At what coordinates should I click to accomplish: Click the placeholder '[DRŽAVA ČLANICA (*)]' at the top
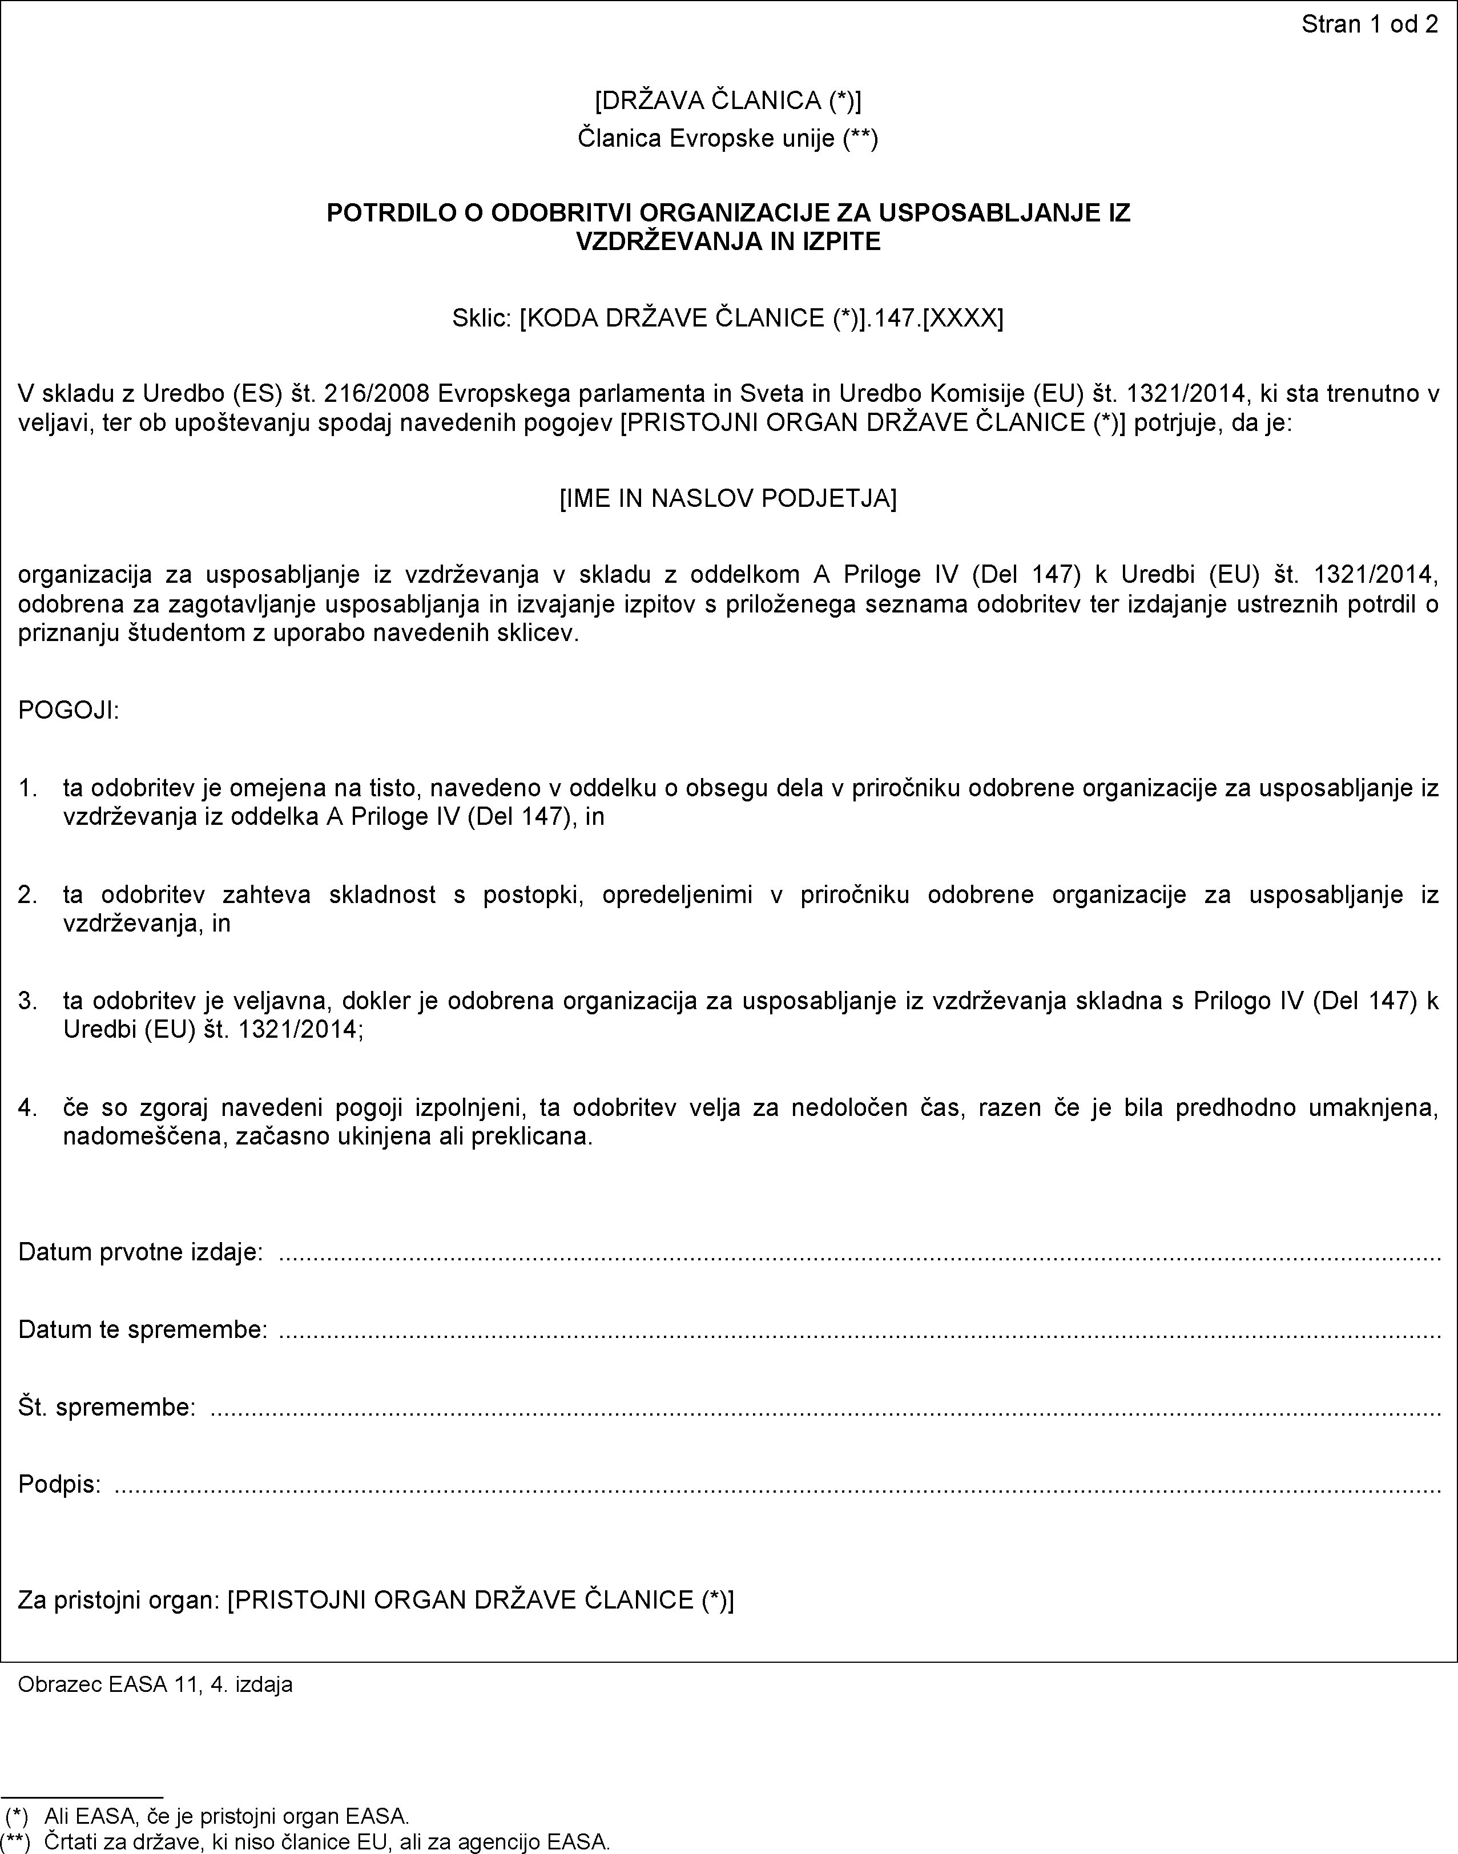point(728,100)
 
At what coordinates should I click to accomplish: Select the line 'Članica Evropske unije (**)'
point(728,138)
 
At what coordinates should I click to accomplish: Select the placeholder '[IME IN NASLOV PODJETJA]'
point(728,498)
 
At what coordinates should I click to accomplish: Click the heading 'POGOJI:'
point(69,710)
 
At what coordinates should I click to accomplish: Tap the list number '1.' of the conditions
point(28,787)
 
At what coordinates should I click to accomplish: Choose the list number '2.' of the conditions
point(28,894)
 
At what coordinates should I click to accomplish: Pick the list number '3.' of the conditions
point(28,1001)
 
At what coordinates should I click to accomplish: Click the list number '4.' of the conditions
point(28,1108)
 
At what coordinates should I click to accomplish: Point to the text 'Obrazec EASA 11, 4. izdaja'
point(155,1684)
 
